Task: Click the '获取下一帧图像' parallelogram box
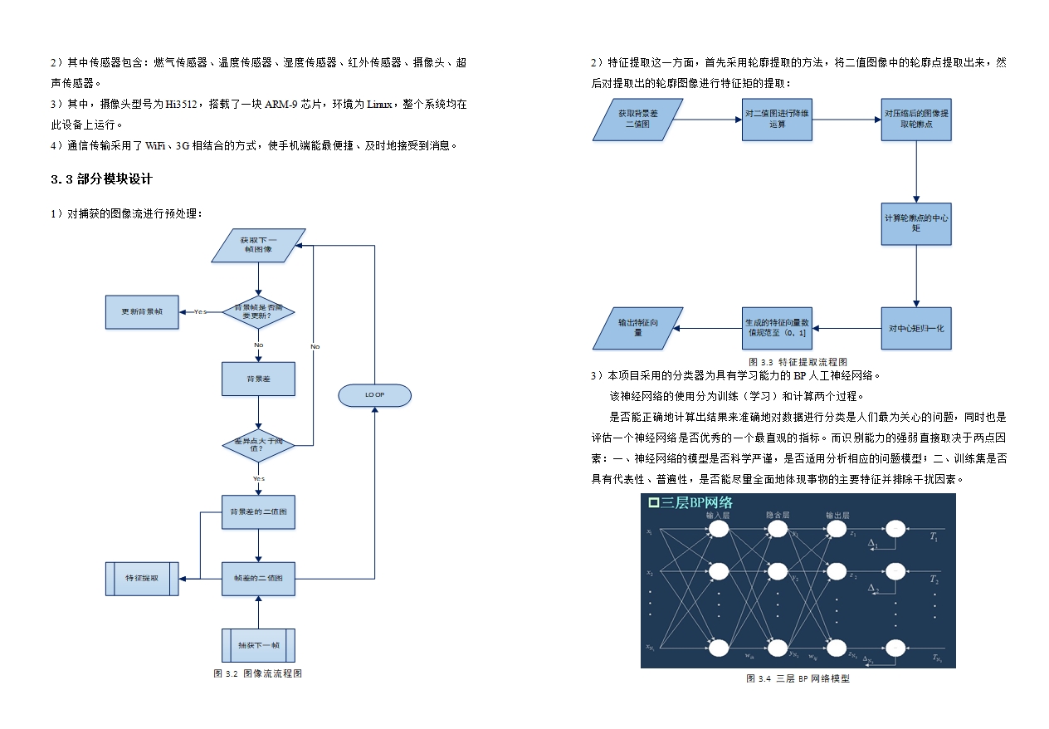coord(258,245)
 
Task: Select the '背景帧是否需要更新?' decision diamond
coord(258,312)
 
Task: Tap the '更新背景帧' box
coord(142,312)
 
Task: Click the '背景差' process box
coord(258,379)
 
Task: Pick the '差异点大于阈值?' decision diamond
coord(258,446)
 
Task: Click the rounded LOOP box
coord(374,395)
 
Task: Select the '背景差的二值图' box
coord(258,512)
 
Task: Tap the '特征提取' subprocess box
coord(142,579)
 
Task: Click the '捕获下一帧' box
coord(258,645)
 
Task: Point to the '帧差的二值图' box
coord(258,579)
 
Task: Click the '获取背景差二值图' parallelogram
coord(637,120)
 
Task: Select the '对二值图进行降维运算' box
coord(777,120)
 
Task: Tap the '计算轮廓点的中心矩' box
coord(916,223)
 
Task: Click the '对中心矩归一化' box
coord(916,328)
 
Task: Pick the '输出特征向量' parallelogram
coord(637,328)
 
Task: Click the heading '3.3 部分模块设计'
coord(102,179)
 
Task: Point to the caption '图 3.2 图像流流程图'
coord(258,673)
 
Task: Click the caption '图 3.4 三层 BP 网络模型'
coord(798,678)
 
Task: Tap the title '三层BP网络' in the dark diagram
coord(691,503)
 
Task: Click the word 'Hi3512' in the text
coord(178,105)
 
